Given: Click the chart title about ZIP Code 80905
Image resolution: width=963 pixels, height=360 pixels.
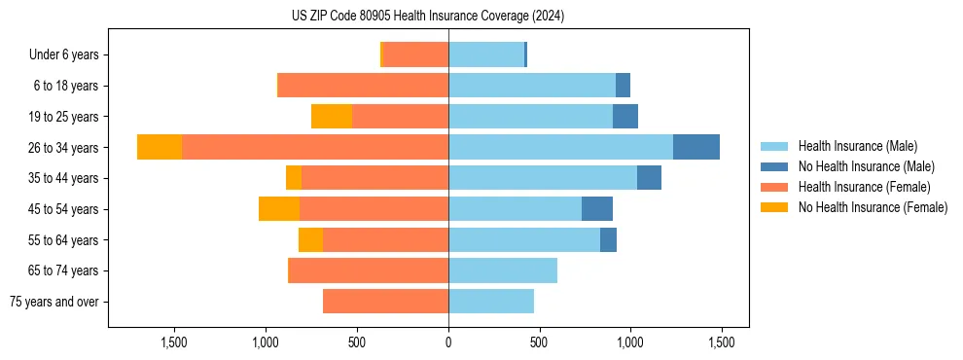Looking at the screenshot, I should point(428,16).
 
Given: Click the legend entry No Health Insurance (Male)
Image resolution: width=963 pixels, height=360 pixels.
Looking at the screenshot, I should point(866,166).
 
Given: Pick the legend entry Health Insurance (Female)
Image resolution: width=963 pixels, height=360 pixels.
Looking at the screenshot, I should point(864,187).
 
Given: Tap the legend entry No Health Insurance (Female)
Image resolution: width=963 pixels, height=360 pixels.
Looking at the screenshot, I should point(873,207).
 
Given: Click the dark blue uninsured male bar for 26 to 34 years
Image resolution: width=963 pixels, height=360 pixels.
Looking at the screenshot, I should point(696,147).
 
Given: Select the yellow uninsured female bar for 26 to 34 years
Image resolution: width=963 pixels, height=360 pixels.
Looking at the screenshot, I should point(160,147).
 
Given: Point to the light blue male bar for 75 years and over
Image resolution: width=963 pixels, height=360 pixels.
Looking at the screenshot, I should point(491,302).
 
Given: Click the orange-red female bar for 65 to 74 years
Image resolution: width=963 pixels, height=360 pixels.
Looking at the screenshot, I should point(369,270).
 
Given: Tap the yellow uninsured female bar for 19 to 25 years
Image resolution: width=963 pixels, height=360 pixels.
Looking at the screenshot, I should point(332,116).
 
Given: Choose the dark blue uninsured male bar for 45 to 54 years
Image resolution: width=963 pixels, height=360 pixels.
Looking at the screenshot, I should point(597,209).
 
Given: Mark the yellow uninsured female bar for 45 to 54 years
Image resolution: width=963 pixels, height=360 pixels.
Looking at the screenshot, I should point(279,209).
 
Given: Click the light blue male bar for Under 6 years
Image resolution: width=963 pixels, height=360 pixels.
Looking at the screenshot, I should point(486,54).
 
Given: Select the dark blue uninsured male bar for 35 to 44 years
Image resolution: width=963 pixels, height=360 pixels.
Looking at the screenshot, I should point(649,178).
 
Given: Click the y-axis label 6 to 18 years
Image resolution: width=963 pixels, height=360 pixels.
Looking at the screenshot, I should point(66,86).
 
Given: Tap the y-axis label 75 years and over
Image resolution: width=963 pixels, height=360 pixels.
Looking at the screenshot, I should point(54,302).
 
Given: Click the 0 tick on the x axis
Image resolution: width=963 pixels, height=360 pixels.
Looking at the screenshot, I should point(448,342).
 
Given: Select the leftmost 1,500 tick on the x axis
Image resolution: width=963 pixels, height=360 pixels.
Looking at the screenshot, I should point(174,342).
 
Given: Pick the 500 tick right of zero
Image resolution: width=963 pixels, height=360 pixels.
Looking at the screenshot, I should point(539,342).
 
